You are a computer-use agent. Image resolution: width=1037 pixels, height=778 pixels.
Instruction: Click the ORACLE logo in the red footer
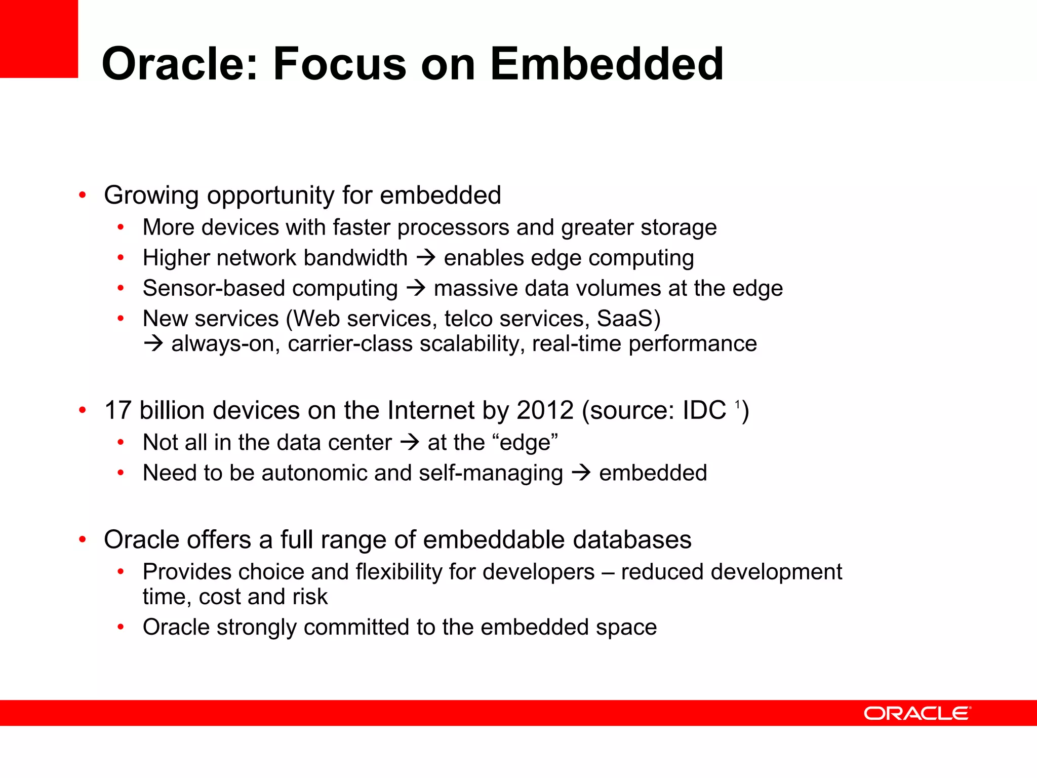pyautogui.click(x=917, y=713)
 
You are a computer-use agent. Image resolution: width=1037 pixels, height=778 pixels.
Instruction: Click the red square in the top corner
pyautogui.click(x=39, y=38)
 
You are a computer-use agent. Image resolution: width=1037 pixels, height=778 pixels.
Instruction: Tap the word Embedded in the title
pyautogui.click(x=607, y=64)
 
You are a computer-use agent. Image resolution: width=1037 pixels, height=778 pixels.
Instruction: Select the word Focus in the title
pyautogui.click(x=339, y=64)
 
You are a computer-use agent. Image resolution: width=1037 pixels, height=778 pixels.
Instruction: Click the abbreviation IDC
pyautogui.click(x=704, y=410)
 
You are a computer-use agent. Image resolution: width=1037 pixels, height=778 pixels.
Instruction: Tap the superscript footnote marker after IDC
pyautogui.click(x=738, y=404)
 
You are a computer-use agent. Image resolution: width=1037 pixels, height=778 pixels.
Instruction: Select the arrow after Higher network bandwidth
pyautogui.click(x=426, y=258)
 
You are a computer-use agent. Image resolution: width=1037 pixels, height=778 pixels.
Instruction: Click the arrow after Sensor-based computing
pyautogui.click(x=416, y=289)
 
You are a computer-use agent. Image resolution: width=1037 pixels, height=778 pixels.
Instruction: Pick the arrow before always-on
pyautogui.click(x=153, y=344)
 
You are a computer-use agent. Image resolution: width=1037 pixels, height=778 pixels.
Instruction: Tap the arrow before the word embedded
pyautogui.click(x=581, y=473)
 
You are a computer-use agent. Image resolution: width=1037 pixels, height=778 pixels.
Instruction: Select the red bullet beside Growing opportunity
pyautogui.click(x=83, y=195)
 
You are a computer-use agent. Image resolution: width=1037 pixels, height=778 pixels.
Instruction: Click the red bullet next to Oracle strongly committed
pyautogui.click(x=121, y=627)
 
